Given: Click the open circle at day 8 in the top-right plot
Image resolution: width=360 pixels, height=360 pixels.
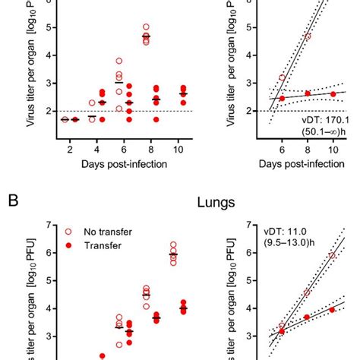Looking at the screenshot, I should click(308, 36).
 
